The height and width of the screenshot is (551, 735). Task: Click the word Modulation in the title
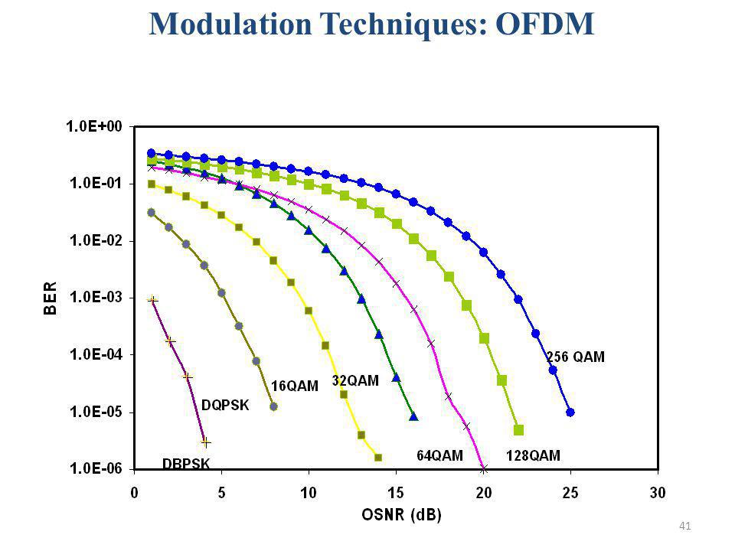(x=230, y=24)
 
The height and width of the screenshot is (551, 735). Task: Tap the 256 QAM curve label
(x=576, y=357)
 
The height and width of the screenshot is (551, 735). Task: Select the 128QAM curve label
(x=533, y=455)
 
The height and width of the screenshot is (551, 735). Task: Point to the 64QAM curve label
(x=439, y=455)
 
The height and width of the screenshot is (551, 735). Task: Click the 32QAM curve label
(x=355, y=380)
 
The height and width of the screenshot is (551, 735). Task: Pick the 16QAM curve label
(x=295, y=386)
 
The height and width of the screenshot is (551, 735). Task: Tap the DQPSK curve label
(x=225, y=406)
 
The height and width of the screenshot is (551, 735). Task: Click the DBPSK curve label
(x=186, y=464)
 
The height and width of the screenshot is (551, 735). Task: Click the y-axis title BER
(x=50, y=298)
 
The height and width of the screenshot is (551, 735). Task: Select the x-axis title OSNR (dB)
(x=402, y=515)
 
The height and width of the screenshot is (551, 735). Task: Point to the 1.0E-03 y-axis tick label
(x=96, y=297)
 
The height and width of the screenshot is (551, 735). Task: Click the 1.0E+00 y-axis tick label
(x=94, y=126)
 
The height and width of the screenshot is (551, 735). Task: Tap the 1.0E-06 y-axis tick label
(x=96, y=468)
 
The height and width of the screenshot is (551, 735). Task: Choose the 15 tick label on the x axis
(x=396, y=493)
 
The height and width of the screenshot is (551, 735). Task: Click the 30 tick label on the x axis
(x=658, y=493)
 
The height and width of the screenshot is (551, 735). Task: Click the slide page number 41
(x=684, y=527)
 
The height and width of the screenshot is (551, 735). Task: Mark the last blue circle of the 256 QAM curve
(x=570, y=412)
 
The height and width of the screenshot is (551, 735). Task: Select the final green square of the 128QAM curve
(x=518, y=429)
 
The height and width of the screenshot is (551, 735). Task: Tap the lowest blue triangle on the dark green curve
(x=413, y=416)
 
